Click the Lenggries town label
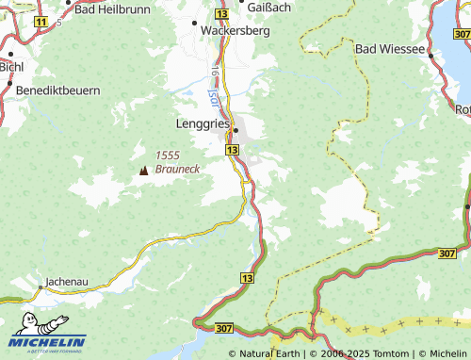203,123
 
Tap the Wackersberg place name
235,29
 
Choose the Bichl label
12,67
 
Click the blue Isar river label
212,94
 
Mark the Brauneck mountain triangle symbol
144,171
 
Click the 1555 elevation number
168,155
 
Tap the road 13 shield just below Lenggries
232,150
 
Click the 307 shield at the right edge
448,253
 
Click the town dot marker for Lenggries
236,130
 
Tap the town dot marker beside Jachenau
41,281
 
